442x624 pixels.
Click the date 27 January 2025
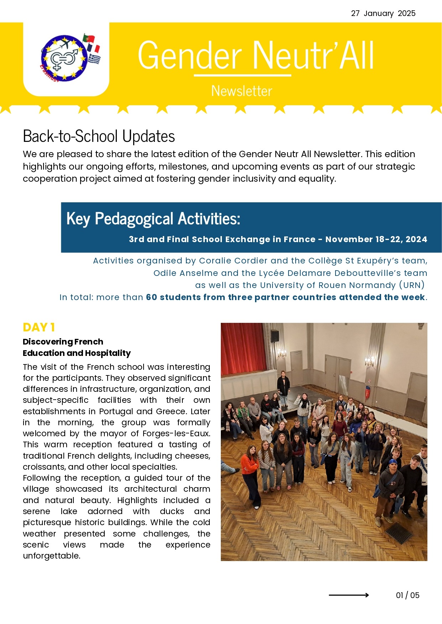[x=383, y=14]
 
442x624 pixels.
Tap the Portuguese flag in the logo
[x=88, y=38]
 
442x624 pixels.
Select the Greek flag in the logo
[x=94, y=59]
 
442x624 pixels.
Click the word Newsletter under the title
[x=241, y=91]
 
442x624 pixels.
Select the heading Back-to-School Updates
[x=99, y=136]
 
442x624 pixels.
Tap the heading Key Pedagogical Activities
[x=153, y=218]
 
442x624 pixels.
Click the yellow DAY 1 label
[x=38, y=327]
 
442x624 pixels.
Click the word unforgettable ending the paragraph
[x=51, y=556]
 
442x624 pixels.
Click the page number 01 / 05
[x=407, y=595]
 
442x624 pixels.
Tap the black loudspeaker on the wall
[x=275, y=336]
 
